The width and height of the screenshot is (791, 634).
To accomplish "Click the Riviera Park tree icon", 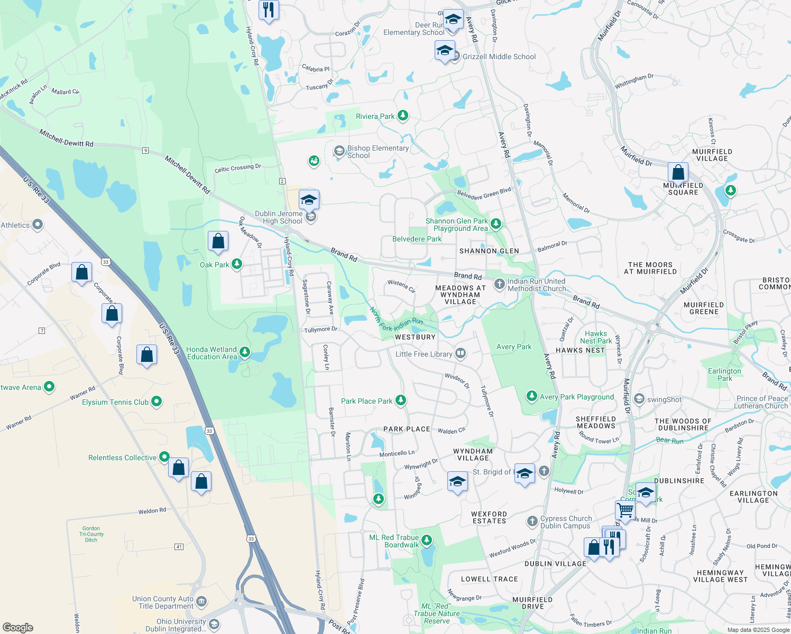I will [403, 116].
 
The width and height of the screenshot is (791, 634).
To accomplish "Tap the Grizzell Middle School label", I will [499, 57].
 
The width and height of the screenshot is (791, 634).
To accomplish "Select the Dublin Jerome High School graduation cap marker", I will [309, 200].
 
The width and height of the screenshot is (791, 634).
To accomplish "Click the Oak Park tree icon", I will [237, 264].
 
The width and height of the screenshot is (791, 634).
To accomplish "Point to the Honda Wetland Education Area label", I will [211, 353].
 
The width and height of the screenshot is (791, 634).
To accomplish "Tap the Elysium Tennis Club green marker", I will [157, 402].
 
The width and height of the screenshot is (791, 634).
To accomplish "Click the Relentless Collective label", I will [122, 458].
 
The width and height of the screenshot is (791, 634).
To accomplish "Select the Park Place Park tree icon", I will [401, 400].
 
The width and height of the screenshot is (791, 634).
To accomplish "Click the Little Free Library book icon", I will [461, 353].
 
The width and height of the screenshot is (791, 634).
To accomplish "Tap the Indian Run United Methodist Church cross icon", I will [499, 284].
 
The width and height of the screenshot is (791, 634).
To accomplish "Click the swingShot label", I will [664, 399].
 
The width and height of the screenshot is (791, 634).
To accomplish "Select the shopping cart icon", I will [625, 510].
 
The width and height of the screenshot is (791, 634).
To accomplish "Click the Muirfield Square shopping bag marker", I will [678, 172].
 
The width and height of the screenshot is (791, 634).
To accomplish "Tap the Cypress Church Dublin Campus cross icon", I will [532, 521].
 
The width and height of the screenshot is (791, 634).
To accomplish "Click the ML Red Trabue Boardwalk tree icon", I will [427, 540].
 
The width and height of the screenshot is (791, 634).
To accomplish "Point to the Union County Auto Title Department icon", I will [201, 602].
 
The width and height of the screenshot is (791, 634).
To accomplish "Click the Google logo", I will [17, 628].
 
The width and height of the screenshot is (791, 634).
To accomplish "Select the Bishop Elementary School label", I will [378, 152].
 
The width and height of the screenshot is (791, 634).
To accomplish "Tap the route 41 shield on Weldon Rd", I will [179, 546].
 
